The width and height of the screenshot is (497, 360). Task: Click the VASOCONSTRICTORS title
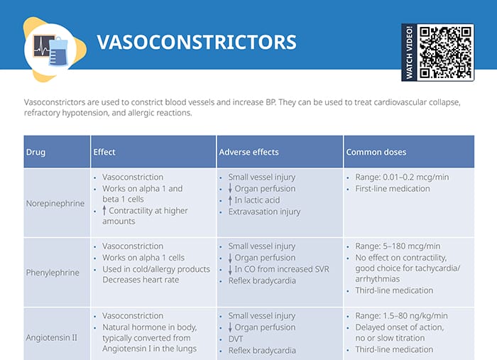pos(196,42)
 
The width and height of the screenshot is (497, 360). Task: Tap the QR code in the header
pos(446,52)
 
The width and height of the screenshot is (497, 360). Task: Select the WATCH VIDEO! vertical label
pos(409,52)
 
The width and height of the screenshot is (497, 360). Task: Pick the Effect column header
pos(104,152)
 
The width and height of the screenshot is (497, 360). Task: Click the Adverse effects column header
pos(248,152)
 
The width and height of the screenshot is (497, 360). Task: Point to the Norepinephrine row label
pos(55,203)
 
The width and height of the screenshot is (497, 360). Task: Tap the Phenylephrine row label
pos(52,272)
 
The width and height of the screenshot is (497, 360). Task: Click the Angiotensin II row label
pos(52,337)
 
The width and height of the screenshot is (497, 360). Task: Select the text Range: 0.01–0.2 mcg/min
pos(402,177)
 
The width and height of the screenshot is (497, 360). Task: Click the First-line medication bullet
pos(393,189)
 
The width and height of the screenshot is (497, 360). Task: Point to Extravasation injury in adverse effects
pos(264,212)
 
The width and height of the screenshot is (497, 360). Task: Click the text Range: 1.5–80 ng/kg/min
pos(401,316)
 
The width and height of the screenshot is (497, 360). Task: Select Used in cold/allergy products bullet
pos(155,269)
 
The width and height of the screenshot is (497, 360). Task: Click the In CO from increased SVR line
pos(278,269)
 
